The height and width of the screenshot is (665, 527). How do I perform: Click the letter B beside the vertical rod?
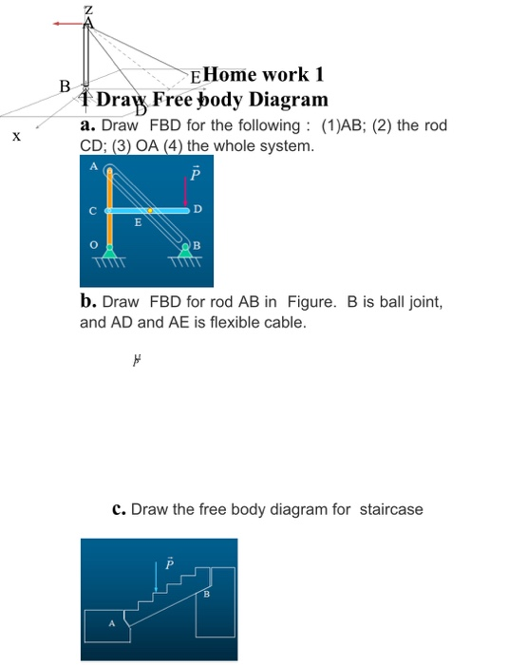65,85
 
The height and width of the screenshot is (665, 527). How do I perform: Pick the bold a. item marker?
87,125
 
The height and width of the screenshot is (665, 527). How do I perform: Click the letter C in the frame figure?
93,210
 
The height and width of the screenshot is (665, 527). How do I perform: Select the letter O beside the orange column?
93,244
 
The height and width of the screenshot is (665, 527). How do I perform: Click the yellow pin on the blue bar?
150,209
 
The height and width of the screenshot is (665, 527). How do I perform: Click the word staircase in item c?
390,509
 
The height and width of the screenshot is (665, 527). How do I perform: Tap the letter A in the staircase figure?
110,624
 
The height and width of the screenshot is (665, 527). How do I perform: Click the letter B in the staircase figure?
207,595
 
